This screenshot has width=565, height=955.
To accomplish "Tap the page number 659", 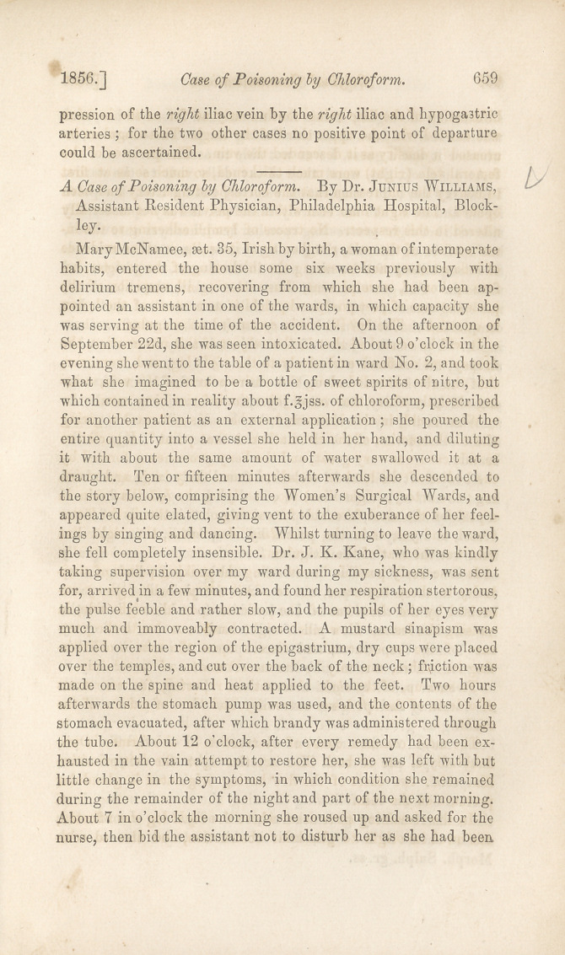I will [487, 78].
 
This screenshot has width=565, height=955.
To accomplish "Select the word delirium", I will [99, 287].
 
